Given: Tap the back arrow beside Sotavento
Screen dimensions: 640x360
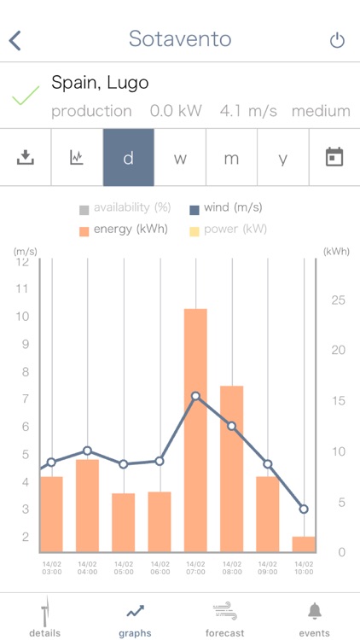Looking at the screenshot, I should pos(15,39).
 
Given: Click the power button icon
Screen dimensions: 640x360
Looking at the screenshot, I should pos(337,40).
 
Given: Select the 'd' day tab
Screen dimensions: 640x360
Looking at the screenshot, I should pos(129,158).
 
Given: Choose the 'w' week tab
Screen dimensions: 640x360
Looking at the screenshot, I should pos(180,158).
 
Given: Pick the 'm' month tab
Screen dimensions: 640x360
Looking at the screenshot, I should pos(231,158).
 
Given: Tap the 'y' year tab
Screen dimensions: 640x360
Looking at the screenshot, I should pos(283,158).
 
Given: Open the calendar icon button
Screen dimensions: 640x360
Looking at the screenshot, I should pos(334,157).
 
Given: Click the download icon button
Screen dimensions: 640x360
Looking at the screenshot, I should pos(26,157).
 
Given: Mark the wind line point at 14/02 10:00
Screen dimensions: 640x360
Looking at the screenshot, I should pos(303,509).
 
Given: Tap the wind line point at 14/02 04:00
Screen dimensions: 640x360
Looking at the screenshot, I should pos(87,451).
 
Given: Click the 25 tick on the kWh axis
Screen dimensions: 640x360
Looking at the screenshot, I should pos(338,300).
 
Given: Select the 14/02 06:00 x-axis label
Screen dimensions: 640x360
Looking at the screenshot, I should pos(160,567).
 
